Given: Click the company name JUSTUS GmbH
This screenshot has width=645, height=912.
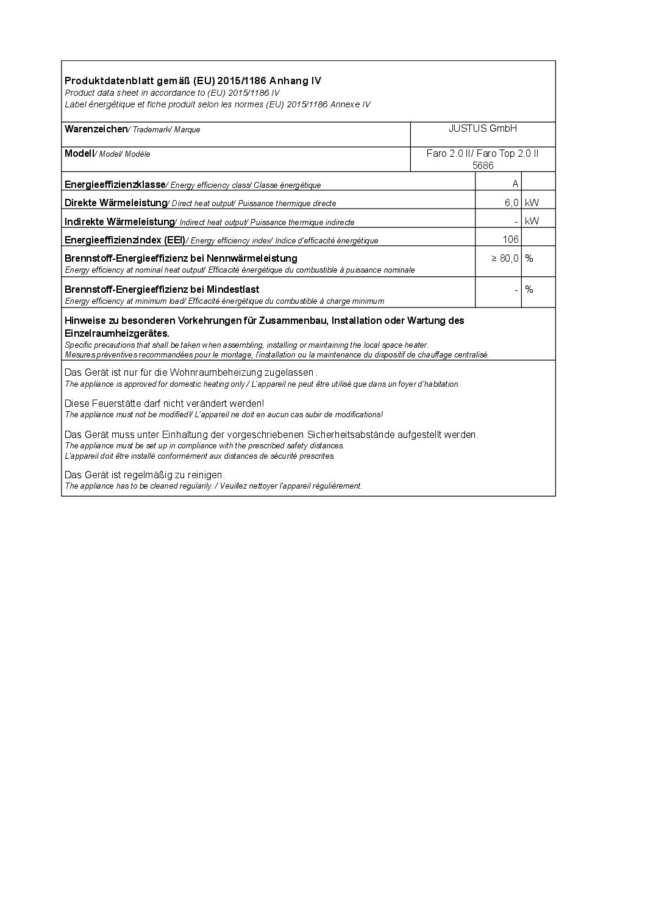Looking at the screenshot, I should click(483, 129).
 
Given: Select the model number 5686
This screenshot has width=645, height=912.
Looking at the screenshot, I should click(483, 165).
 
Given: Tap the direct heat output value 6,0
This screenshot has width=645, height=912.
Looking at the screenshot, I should click(511, 203).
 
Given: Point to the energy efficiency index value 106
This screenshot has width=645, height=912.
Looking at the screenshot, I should click(510, 239).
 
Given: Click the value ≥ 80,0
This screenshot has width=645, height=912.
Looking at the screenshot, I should click(505, 258).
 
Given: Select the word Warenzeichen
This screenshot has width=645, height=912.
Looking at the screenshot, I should click(96, 129).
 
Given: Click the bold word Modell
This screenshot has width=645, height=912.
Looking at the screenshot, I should click(79, 153).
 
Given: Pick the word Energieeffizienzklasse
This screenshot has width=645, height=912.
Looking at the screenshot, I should click(115, 184).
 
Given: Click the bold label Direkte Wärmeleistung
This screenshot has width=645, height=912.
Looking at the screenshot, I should click(116, 203).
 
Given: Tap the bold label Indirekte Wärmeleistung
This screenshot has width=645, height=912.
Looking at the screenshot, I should click(119, 221).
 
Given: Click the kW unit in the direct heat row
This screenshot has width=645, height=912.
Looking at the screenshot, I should click(532, 203).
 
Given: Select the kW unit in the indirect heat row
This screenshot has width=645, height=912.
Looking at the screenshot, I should click(532, 221).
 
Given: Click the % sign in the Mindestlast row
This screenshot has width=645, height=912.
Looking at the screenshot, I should click(529, 289).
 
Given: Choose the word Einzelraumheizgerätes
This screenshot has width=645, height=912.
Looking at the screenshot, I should click(116, 333).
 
